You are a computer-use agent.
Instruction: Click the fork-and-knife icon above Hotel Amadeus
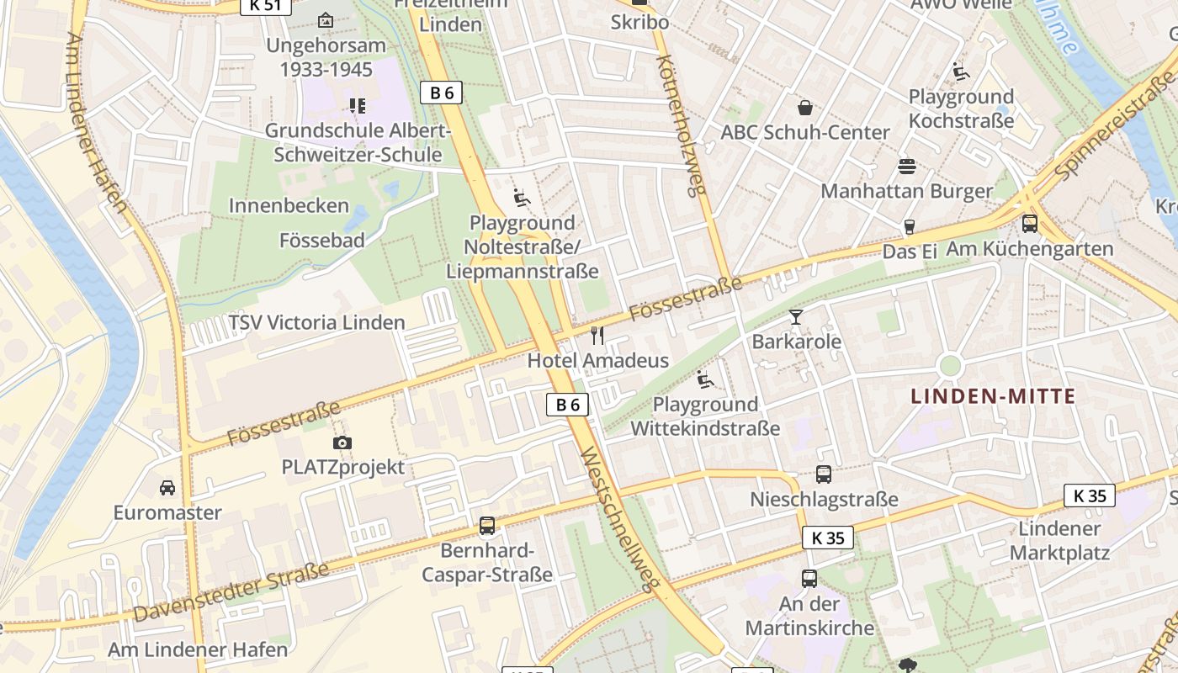[597, 336]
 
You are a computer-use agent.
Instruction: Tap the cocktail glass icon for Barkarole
[796, 317]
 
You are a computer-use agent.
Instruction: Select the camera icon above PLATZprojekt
[342, 442]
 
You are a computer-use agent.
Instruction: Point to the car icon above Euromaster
[167, 488]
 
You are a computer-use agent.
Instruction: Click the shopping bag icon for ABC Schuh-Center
[805, 108]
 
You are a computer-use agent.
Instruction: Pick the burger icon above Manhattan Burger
[906, 166]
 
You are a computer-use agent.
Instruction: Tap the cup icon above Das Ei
[909, 226]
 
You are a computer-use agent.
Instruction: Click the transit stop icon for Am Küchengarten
[1029, 224]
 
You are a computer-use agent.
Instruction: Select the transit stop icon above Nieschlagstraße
[823, 474]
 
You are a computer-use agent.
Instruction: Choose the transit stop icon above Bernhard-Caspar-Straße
[486, 526]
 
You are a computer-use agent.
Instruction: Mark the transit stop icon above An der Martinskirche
[809, 579]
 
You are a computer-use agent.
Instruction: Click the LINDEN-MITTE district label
[994, 396]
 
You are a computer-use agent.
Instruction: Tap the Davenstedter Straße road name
[231, 592]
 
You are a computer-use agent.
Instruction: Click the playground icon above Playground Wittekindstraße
[705, 379]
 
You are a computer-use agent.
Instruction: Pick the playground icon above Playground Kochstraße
[961, 72]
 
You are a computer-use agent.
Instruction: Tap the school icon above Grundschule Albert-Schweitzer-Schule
[357, 106]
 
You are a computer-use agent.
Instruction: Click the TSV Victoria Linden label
[316, 322]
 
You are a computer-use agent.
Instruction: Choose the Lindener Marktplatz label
[1059, 541]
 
